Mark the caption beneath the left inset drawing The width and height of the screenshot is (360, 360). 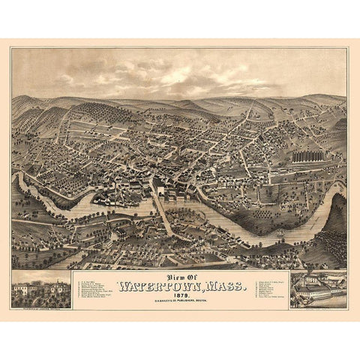point(42,306)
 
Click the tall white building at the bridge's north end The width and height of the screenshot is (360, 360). point(158,184)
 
